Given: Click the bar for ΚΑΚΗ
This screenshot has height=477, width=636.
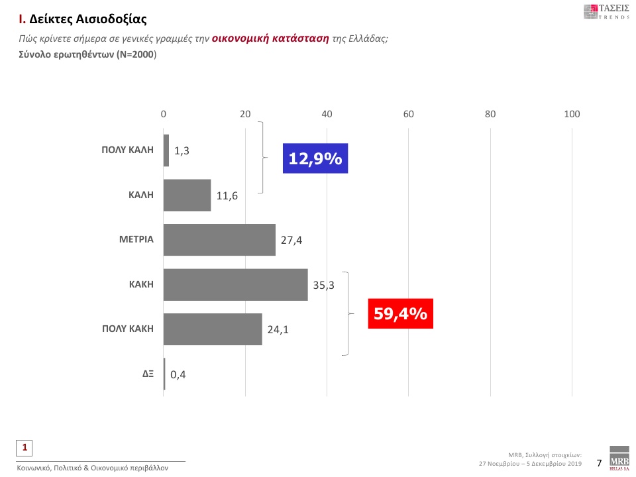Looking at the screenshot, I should [235, 285].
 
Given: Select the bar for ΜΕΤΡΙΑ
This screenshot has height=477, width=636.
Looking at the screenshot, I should [219, 240].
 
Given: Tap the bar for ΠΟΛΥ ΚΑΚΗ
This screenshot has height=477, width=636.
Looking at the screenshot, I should [213, 329].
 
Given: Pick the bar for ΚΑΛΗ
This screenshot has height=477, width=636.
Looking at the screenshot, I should [187, 195].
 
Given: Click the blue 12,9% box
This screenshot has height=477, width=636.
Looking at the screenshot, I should [315, 158].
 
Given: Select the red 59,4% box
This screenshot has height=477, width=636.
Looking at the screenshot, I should [400, 313].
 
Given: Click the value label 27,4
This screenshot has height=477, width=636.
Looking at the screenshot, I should [291, 240].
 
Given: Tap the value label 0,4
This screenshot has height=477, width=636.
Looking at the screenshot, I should [178, 375].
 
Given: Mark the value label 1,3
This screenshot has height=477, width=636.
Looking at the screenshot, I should [182, 151].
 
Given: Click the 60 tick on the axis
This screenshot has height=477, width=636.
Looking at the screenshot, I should [408, 115].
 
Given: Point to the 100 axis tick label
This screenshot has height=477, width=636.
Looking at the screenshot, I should [571, 115].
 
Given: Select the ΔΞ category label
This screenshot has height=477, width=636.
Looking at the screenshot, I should [148, 374].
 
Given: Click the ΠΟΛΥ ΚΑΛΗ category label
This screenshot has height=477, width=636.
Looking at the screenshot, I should [127, 150].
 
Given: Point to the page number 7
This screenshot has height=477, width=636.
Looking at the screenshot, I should [599, 462].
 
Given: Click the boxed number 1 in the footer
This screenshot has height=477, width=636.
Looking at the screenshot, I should [25, 448].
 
